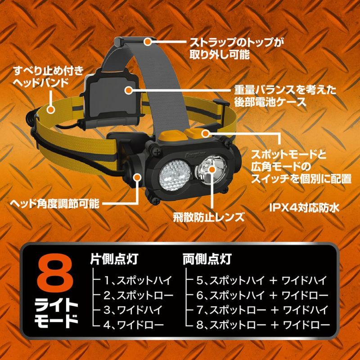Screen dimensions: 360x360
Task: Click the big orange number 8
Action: tap(55, 274)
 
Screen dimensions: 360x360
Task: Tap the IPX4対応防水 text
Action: tap(304, 208)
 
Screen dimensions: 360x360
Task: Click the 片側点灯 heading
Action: tap(114, 259)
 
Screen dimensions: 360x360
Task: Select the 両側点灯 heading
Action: tap(207, 259)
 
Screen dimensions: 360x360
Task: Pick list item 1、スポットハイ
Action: tap(138, 280)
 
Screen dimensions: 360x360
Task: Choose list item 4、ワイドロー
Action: tap(134, 324)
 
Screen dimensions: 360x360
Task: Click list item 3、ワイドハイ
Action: tap(133, 310)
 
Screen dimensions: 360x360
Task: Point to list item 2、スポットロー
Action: tap(138, 296)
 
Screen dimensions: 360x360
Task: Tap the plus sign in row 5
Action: tap(273, 281)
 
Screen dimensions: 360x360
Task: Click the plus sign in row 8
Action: tap(274, 324)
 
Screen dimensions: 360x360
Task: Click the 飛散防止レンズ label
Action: tap(209, 217)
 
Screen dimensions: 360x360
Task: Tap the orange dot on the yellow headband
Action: tap(51, 109)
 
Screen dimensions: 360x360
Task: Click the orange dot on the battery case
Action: tap(129, 90)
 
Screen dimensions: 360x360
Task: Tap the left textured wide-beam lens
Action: tap(175, 175)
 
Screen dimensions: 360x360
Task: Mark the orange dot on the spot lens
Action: tap(212, 170)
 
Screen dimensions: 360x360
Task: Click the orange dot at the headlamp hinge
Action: tap(138, 177)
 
